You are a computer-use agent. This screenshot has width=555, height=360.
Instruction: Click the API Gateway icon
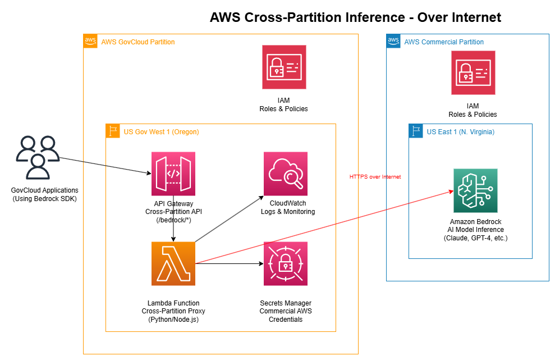click(x=173, y=173)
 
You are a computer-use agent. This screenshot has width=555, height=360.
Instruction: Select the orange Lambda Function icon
click(x=173, y=263)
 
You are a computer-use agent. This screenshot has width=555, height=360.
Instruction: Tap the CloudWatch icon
click(x=285, y=173)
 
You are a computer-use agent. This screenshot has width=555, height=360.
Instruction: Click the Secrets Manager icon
click(x=285, y=263)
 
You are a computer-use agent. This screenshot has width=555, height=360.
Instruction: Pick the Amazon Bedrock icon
click(x=475, y=190)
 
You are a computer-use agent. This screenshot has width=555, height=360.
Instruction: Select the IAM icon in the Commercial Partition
click(x=473, y=73)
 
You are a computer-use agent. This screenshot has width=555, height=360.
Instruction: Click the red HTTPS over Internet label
click(x=375, y=177)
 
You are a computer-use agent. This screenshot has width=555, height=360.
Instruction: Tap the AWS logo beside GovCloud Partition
click(x=90, y=41)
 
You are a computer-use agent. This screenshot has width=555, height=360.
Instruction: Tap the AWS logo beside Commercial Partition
click(x=393, y=41)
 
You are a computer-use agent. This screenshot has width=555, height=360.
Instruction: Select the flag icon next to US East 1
click(x=416, y=131)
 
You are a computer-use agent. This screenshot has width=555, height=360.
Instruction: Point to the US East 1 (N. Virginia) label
click(x=461, y=132)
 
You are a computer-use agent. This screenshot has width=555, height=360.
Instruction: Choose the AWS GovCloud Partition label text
click(x=138, y=42)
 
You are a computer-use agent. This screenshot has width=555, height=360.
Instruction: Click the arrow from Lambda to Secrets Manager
click(x=230, y=263)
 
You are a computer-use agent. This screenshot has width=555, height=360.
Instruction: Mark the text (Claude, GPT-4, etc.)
click(x=476, y=238)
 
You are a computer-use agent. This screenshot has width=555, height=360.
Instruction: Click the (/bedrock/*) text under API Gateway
click(x=173, y=220)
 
